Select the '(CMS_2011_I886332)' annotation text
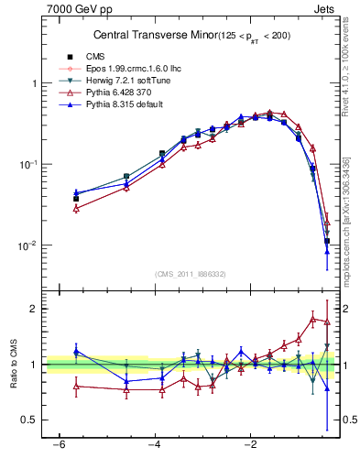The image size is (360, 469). [x=191, y=274]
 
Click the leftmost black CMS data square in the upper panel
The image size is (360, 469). [x=76, y=199]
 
